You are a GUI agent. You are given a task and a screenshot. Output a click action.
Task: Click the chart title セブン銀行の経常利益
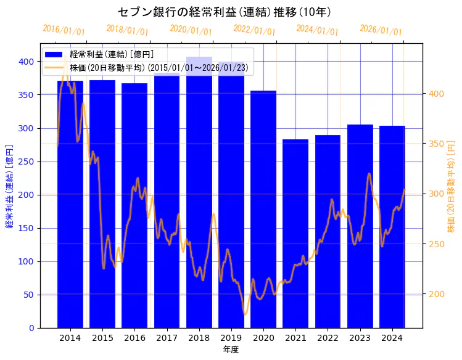(x=225, y=12)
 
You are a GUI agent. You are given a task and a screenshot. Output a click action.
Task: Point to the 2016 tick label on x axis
(x=134, y=337)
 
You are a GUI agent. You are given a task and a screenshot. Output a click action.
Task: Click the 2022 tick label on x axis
(x=328, y=337)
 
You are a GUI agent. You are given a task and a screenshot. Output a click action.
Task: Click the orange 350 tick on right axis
(x=436, y=144)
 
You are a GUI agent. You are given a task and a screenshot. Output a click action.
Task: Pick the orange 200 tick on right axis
(x=436, y=294)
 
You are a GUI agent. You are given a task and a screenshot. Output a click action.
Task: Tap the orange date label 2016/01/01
(x=64, y=30)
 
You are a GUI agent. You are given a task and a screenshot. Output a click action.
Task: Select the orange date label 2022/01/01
(x=254, y=30)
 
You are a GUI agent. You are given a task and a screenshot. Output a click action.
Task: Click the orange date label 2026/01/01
(x=381, y=30)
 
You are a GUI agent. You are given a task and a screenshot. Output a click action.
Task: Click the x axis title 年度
(x=231, y=350)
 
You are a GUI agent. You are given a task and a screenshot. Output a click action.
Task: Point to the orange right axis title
(x=451, y=185)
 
